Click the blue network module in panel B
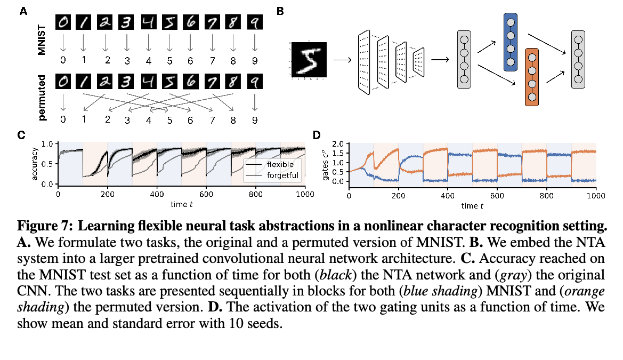pyautogui.click(x=510, y=43)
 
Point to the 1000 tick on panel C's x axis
pyautogui.click(x=305, y=194)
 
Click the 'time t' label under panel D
pyautogui.click(x=472, y=205)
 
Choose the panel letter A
pyautogui.click(x=23, y=11)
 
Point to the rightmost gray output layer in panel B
pyautogui.click(x=577, y=59)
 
